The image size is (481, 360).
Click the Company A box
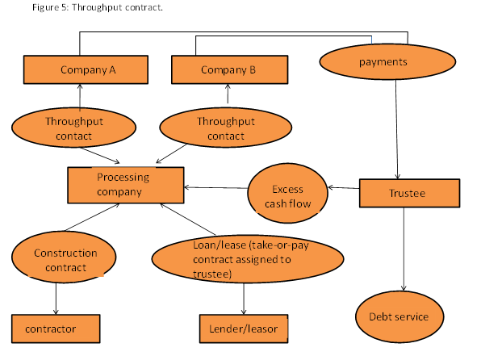pyautogui.click(x=86, y=69)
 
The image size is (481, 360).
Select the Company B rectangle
pyautogui.click(x=230, y=69)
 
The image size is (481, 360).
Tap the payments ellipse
pyautogui.click(x=387, y=61)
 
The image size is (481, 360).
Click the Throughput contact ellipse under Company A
pyautogui.click(x=73, y=128)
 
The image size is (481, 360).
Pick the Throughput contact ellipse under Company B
pyautogui.click(x=226, y=128)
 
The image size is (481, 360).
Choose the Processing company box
pyautogui.click(x=126, y=185)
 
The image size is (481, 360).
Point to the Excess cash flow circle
pyautogui.click(x=288, y=194)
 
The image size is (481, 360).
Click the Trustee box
pyautogui.click(x=409, y=194)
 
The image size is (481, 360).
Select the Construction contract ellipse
pyautogui.click(x=64, y=257)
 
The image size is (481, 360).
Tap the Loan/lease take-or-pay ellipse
pyautogui.click(x=248, y=259)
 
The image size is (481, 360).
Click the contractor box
pyautogui.click(x=56, y=329)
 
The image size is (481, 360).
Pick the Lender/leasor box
pyautogui.click(x=244, y=329)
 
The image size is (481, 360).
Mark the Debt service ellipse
pyautogui.click(x=399, y=316)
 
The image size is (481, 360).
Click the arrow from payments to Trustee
pyautogui.click(x=396, y=129)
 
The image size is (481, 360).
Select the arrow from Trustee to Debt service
pyautogui.click(x=404, y=249)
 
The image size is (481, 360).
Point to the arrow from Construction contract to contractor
pyautogui.click(x=56, y=299)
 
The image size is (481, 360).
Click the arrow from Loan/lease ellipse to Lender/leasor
pyautogui.click(x=244, y=299)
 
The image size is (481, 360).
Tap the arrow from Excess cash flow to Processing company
pyautogui.click(x=216, y=187)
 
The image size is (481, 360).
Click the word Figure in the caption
pyautogui.click(x=46, y=7)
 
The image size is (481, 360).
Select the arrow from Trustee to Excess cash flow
pyautogui.click(x=344, y=187)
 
